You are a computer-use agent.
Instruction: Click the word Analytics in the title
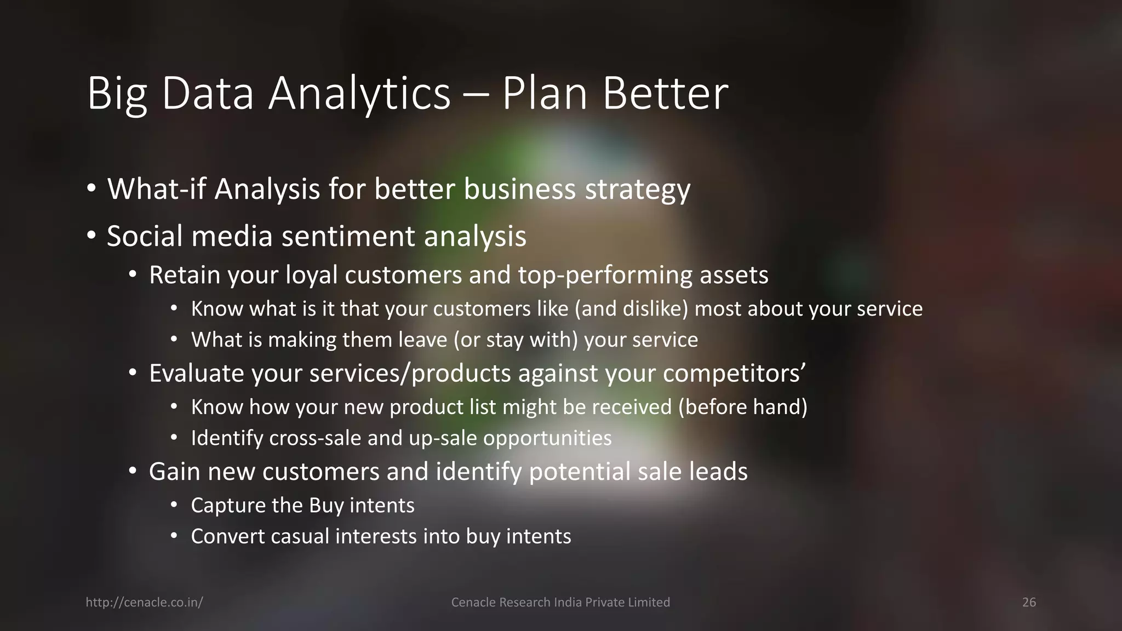[x=359, y=94]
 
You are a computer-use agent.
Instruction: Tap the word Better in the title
[x=665, y=94]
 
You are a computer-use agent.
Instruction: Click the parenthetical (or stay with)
[x=516, y=340]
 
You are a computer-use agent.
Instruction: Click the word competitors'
[x=734, y=374]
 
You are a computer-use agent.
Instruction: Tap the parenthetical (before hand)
[x=742, y=407]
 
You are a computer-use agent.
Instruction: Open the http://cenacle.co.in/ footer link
[x=144, y=603]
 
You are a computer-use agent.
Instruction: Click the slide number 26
[x=1029, y=603]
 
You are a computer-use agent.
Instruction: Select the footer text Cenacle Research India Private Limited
[x=560, y=603]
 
